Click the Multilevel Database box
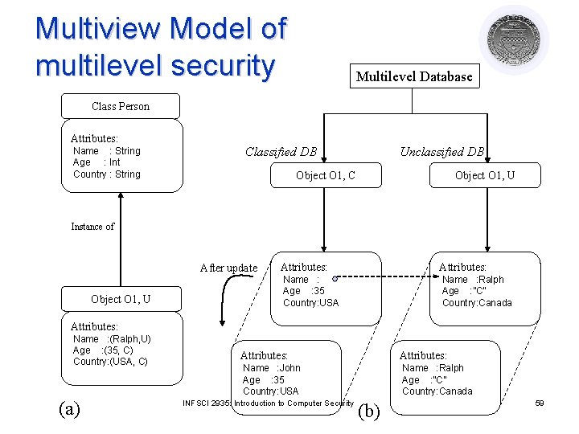[x=413, y=76]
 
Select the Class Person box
[x=121, y=106]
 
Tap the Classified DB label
[x=281, y=152]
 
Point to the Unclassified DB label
[x=442, y=152]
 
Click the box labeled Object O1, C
[x=325, y=175]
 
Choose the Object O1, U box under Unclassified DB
[x=484, y=175]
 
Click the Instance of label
[x=92, y=227]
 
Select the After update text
[x=228, y=268]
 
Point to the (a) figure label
[x=70, y=408]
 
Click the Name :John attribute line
[x=271, y=368]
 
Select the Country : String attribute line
[x=106, y=174]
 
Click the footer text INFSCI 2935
[x=207, y=403]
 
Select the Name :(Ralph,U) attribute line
[x=112, y=339]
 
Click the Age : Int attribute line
[x=96, y=162]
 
